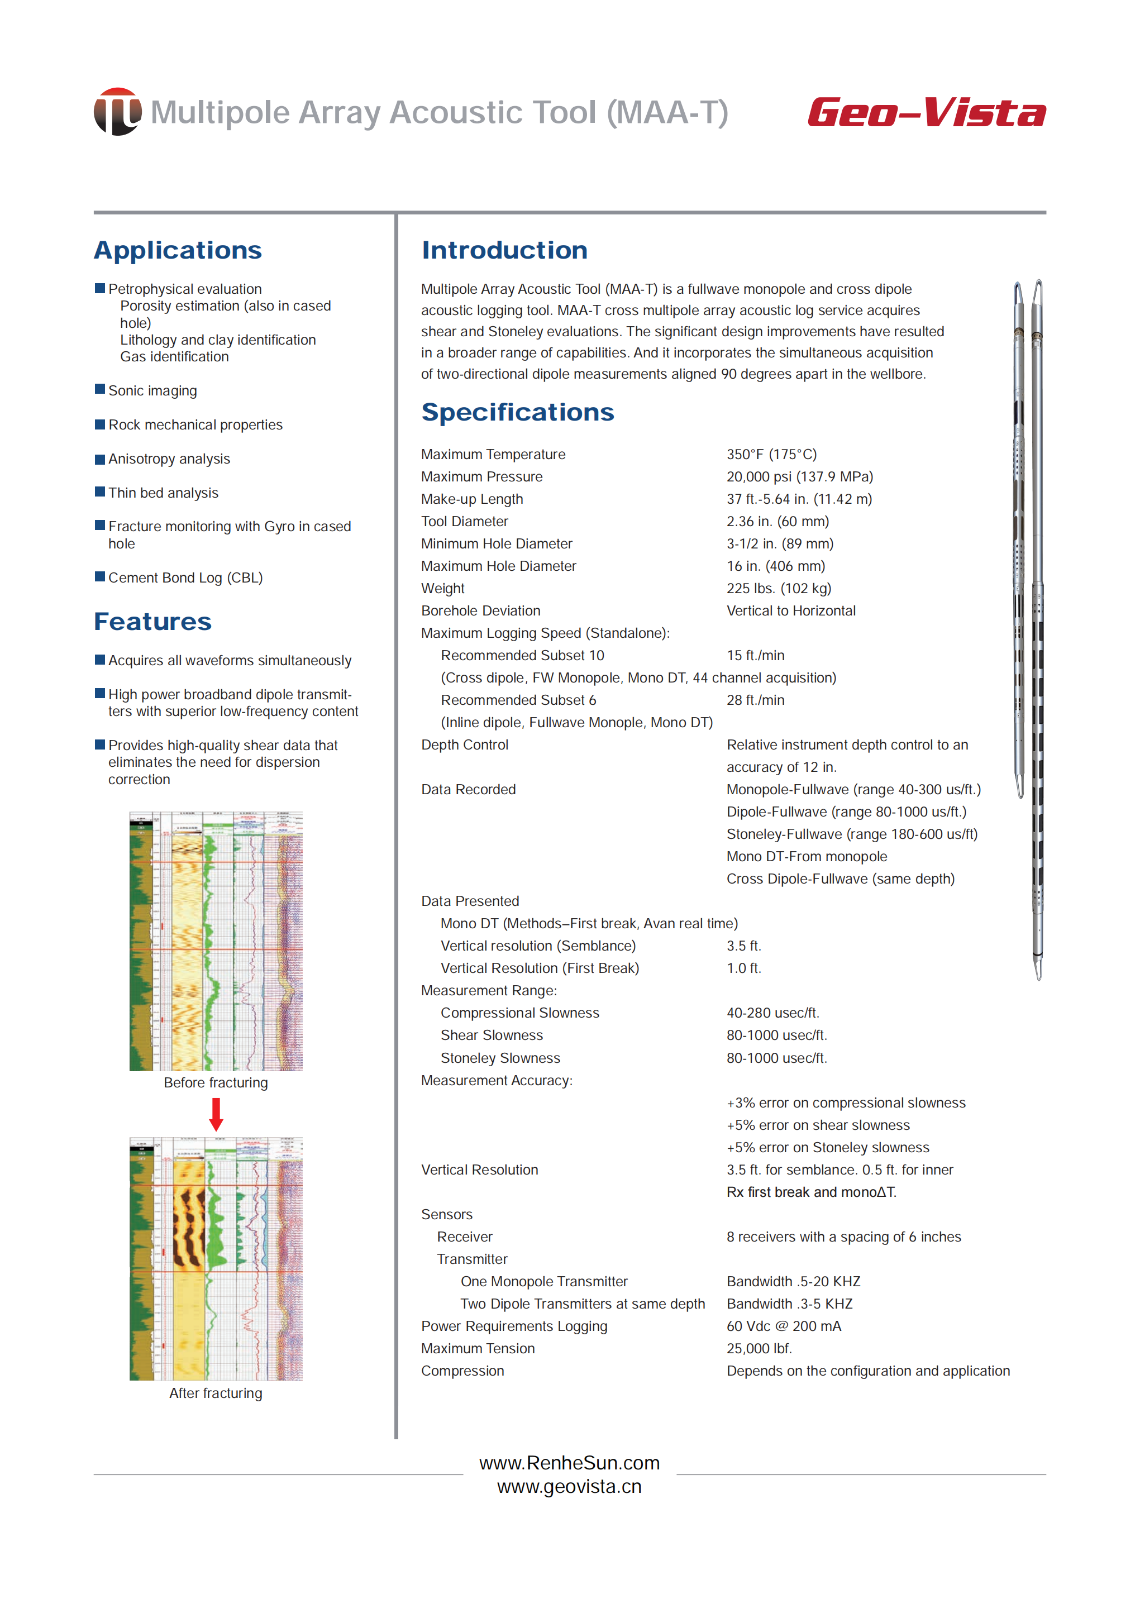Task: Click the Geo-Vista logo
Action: [x=926, y=112]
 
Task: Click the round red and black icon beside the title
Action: [x=117, y=112]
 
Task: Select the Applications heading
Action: [x=178, y=251]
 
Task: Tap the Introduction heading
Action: [x=504, y=251]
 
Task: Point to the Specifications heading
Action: [x=517, y=412]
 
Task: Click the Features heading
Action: [x=152, y=622]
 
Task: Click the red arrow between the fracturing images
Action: [x=216, y=1114]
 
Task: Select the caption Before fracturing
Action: [x=216, y=1082]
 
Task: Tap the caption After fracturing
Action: [x=216, y=1393]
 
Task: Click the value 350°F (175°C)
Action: [x=771, y=454]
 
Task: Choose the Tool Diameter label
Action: [x=464, y=522]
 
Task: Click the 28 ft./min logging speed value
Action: [x=755, y=700]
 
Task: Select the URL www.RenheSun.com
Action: [x=569, y=1463]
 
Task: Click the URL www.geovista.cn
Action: [x=569, y=1487]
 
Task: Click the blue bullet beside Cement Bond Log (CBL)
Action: [x=99, y=577]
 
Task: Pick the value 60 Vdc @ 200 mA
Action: [x=784, y=1326]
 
